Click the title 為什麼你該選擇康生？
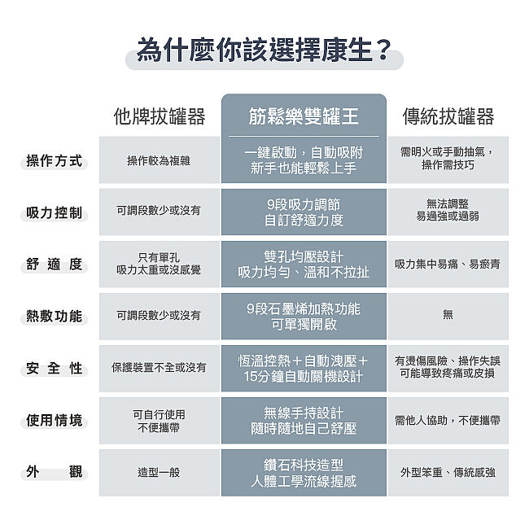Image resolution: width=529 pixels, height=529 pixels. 264,50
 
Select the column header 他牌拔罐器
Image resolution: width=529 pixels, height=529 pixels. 160,116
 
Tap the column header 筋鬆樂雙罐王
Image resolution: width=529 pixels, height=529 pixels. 304,116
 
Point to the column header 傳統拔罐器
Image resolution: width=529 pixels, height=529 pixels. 448,116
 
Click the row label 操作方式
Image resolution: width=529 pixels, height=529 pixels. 55,160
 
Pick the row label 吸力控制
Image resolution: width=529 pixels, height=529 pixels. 55,212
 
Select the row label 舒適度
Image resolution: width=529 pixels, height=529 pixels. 55,264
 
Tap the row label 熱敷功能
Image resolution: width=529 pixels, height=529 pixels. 55,316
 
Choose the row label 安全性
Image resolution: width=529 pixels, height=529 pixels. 55,368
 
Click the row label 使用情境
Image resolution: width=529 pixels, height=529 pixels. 55,421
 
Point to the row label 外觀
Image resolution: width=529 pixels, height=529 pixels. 55,472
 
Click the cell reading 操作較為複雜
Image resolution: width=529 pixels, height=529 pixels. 159,160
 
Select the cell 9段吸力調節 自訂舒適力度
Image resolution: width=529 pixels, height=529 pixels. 304,212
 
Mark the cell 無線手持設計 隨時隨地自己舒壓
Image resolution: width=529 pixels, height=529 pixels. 304,421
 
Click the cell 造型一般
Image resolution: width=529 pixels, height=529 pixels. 159,472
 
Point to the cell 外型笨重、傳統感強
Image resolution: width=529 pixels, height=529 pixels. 448,472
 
